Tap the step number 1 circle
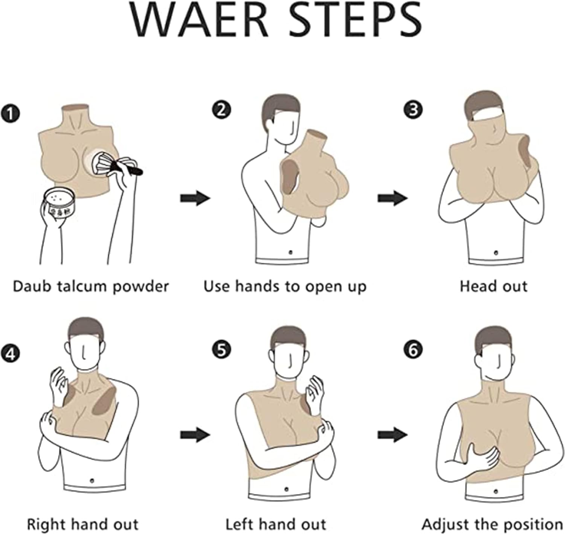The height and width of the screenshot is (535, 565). coord(10,113)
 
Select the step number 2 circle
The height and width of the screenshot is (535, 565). coord(221,110)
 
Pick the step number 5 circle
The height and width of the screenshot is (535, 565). coord(221,350)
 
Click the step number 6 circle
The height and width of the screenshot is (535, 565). coord(413,350)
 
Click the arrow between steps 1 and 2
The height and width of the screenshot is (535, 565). coord(195,198)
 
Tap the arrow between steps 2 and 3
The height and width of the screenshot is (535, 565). coord(392,198)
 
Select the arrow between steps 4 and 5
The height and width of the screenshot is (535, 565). coord(195,435)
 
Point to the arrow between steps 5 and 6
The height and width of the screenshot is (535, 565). coord(392,435)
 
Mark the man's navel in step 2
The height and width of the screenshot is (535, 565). coord(290,253)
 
